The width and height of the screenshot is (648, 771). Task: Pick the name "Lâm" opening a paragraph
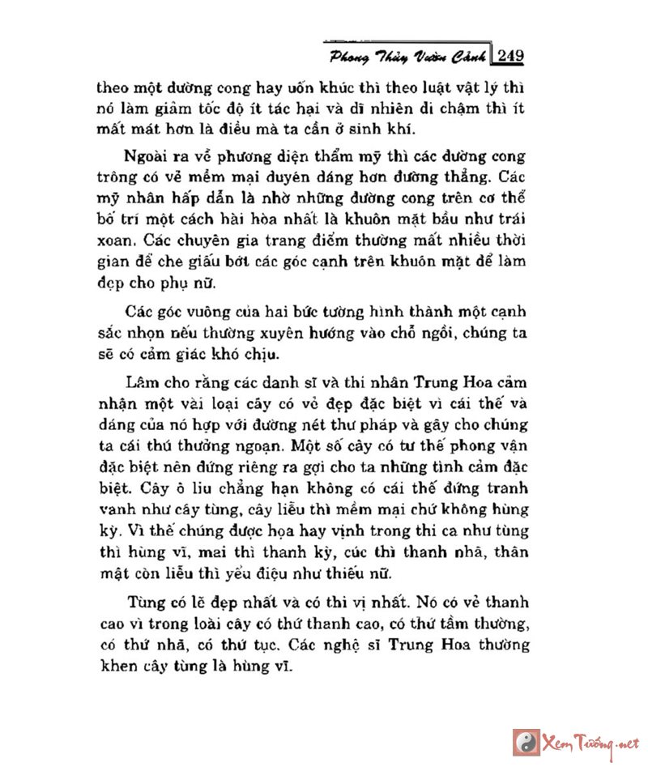pyautogui.click(x=144, y=381)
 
